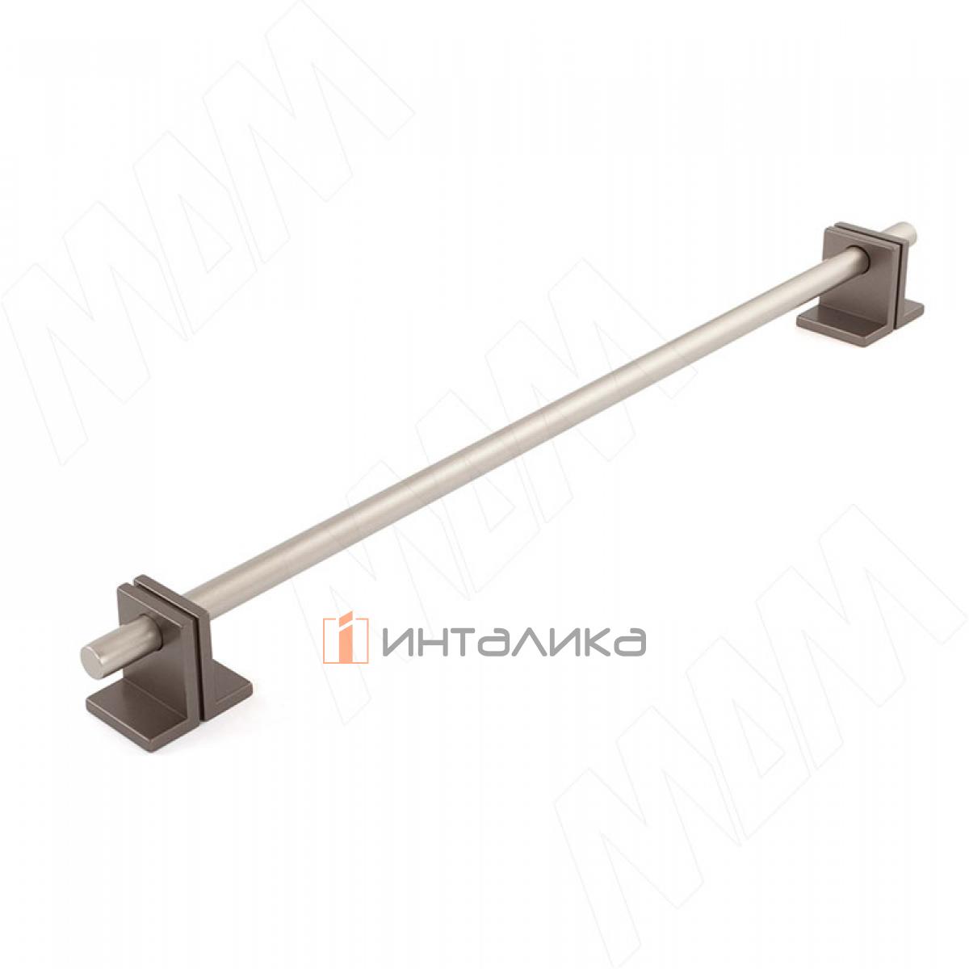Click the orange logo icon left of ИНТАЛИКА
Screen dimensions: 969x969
coord(345,640)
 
